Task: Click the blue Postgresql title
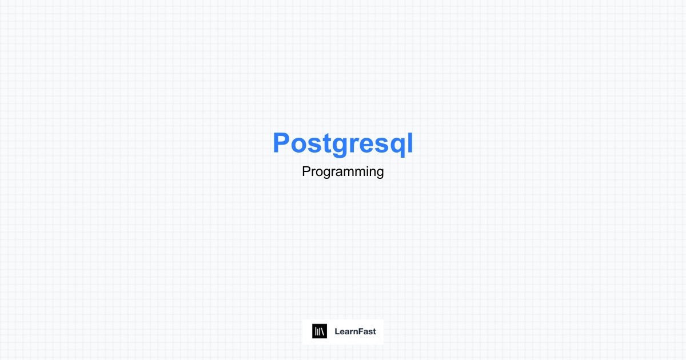click(342, 143)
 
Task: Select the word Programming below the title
click(342, 171)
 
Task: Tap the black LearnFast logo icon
click(320, 331)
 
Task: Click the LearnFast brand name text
click(355, 331)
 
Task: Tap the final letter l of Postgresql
click(409, 143)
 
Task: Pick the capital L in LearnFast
click(337, 331)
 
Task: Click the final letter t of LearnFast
click(374, 331)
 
